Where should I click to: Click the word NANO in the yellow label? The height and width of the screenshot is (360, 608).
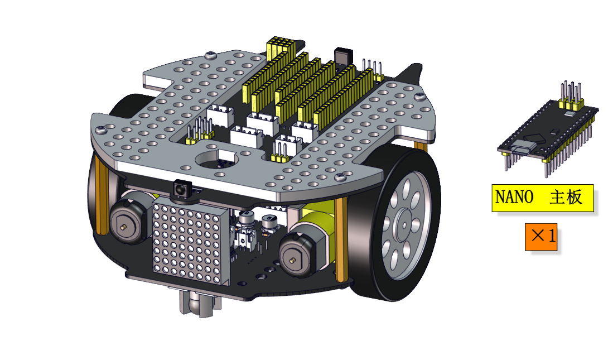(x=514, y=198)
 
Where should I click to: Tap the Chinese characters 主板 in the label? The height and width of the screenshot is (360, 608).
(x=566, y=198)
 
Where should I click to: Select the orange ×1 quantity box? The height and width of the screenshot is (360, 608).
(x=541, y=236)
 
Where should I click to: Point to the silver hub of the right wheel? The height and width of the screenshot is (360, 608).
(x=404, y=225)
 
